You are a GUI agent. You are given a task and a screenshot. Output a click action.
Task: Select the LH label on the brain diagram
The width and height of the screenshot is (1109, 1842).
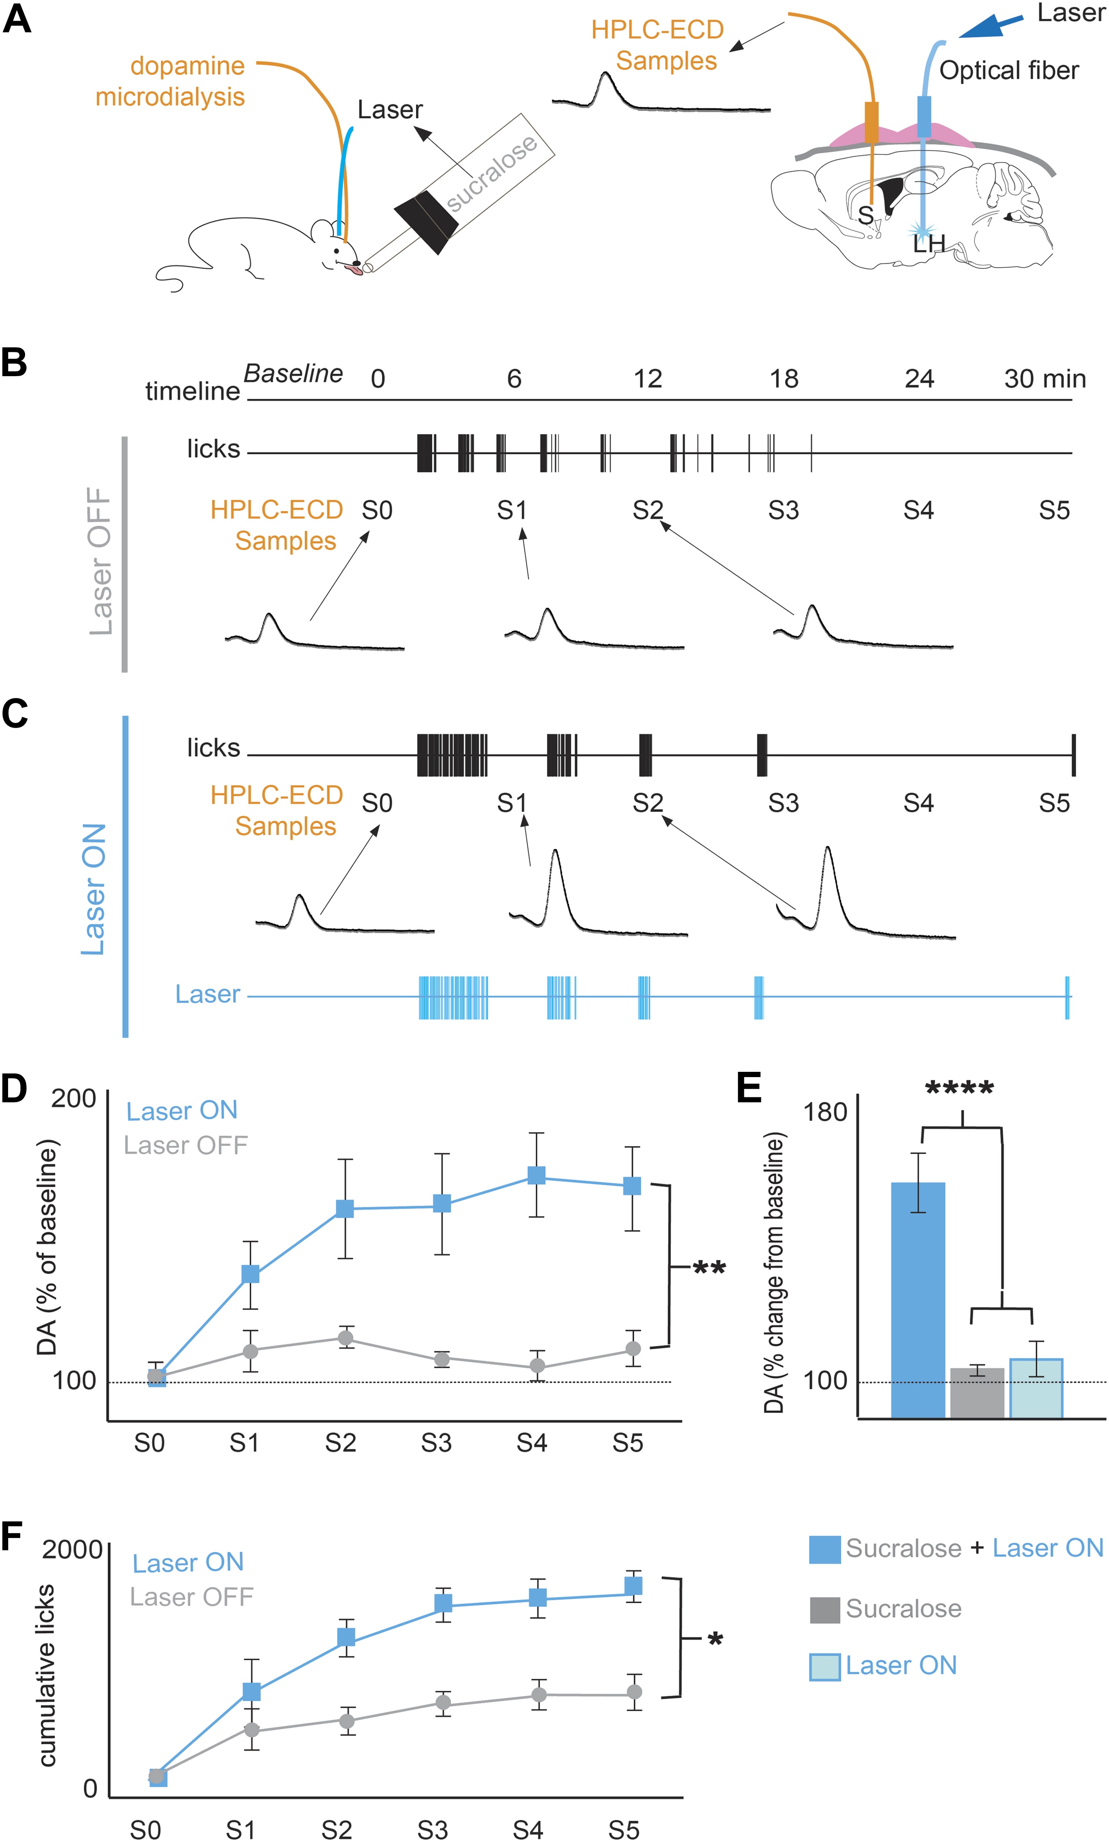pos(929,244)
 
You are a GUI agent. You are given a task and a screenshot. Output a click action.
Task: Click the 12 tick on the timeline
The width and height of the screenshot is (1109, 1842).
pos(648,379)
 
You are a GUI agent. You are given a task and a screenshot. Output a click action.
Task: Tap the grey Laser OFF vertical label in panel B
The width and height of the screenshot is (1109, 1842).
pos(100,561)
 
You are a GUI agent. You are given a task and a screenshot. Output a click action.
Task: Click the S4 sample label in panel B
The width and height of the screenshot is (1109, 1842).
pos(918,511)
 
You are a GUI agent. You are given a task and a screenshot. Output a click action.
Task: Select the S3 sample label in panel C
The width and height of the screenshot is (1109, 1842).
pos(783,803)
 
